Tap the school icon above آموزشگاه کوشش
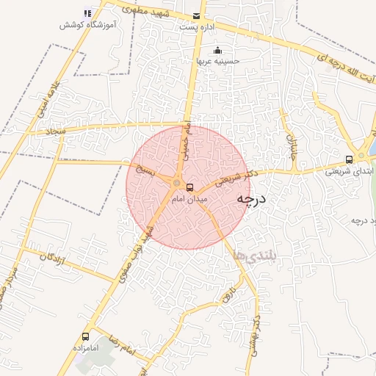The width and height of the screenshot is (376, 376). click(88, 12)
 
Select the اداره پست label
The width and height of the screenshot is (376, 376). click(196, 27)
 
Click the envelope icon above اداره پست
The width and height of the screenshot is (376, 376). click(196, 16)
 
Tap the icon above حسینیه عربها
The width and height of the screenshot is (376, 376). click(218, 51)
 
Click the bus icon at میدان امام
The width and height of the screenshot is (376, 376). click(190, 187)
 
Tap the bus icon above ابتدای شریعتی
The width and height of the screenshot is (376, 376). click(349, 159)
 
